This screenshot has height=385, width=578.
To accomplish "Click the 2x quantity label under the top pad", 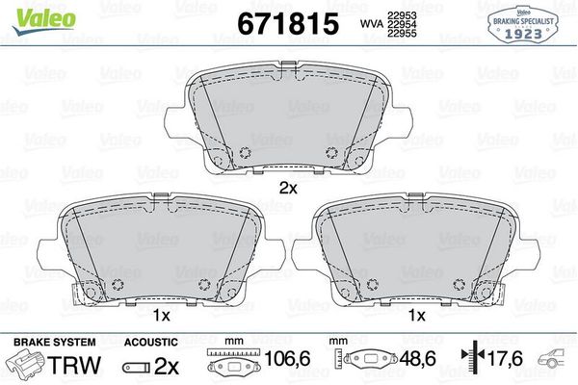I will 286,188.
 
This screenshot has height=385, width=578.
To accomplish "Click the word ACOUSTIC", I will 151,342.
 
